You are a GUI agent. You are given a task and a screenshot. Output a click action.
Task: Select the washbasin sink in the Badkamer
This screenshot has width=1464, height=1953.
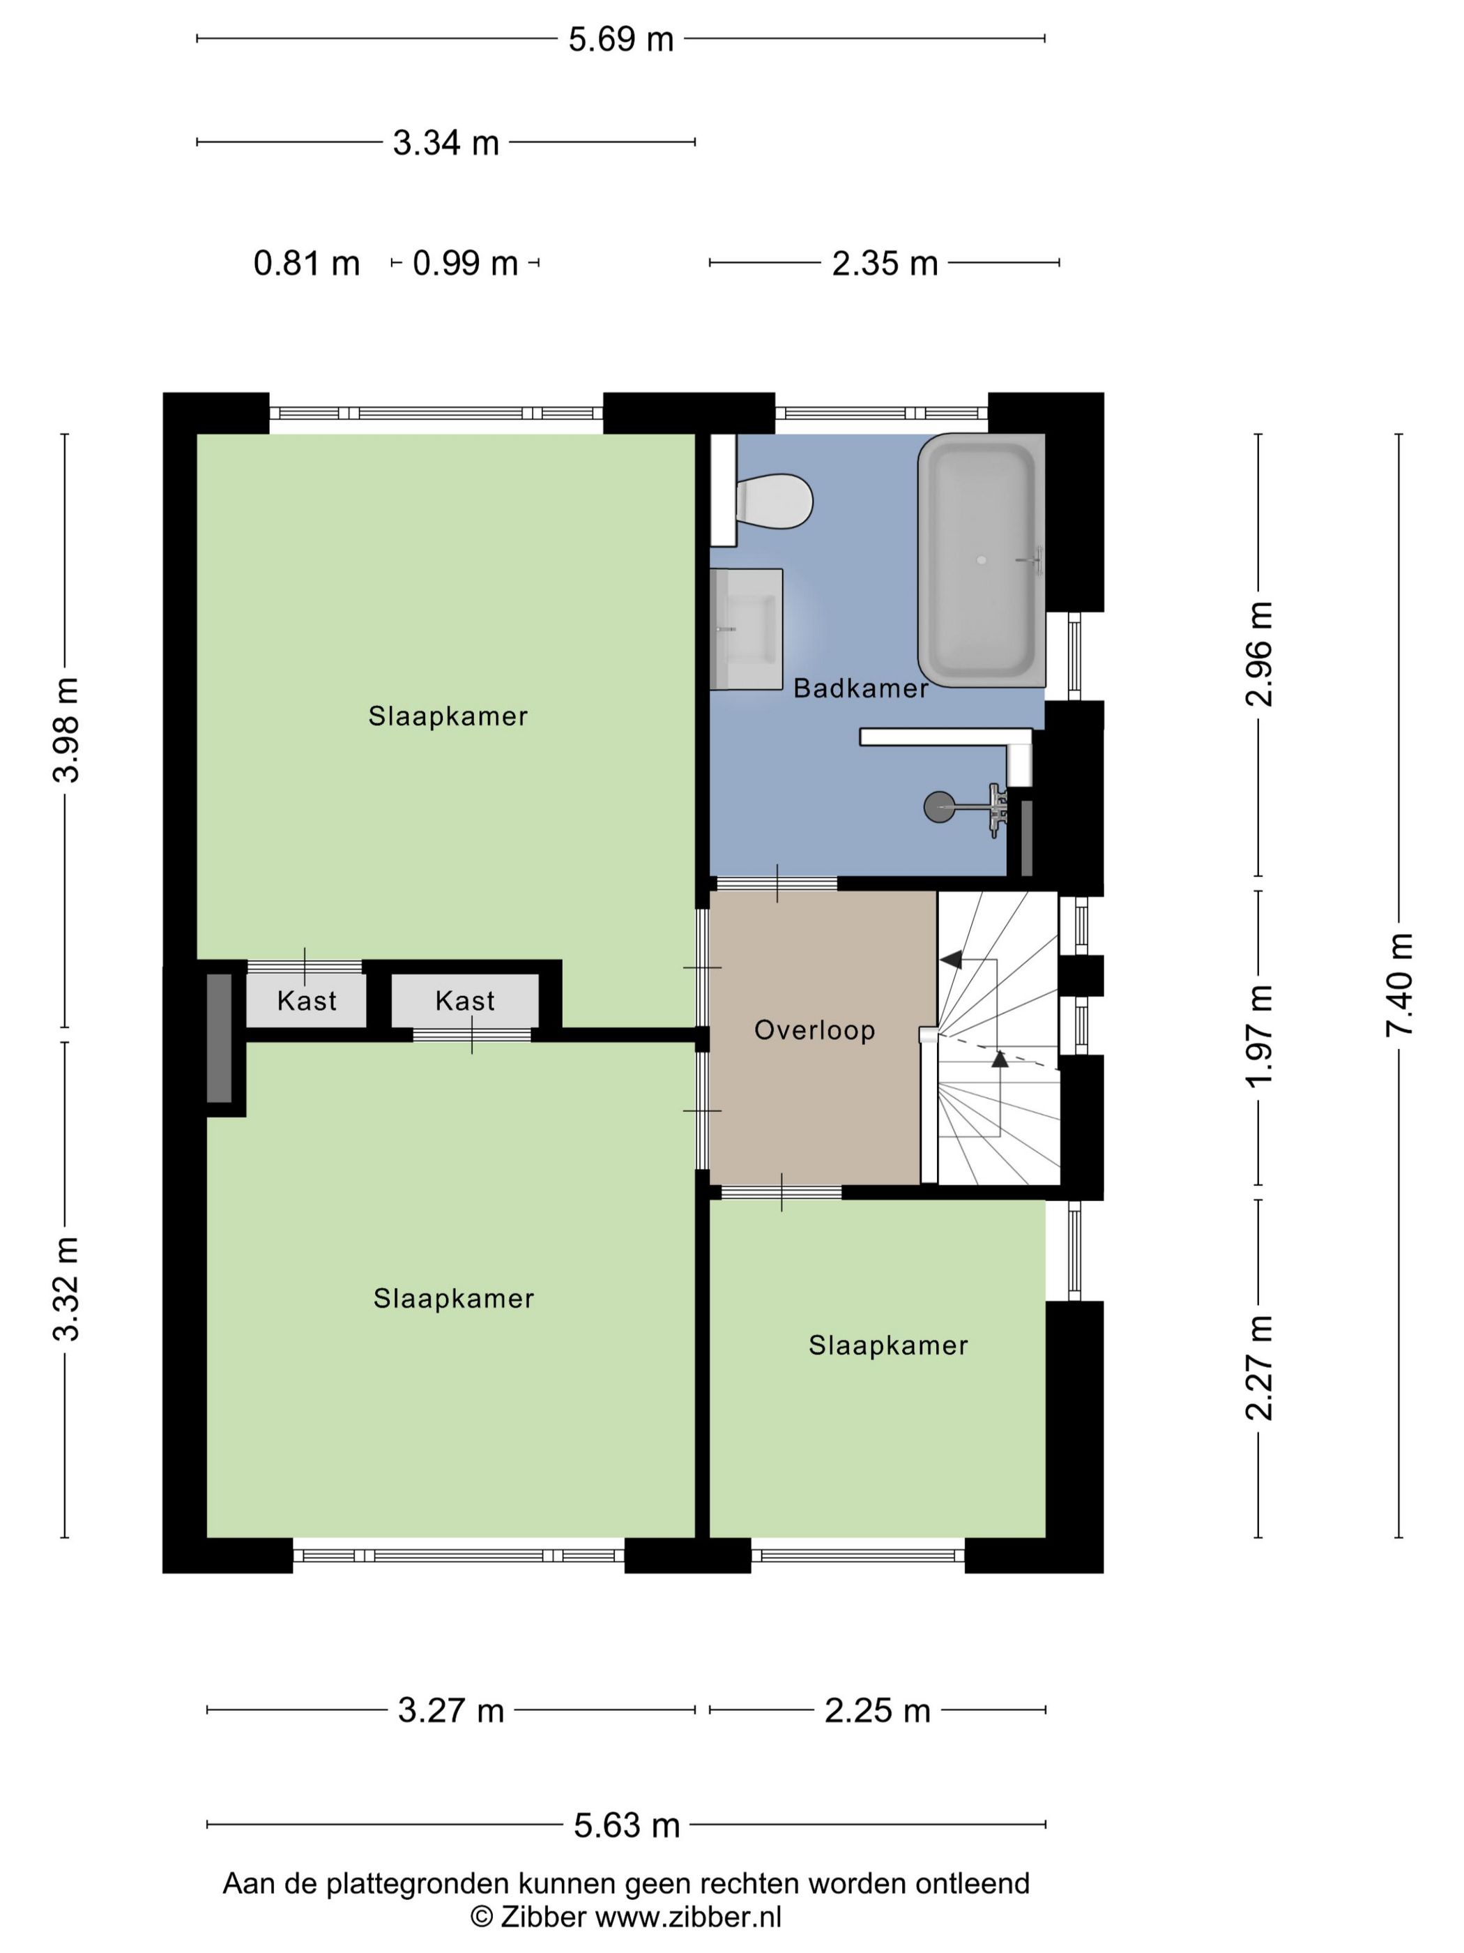(x=747, y=628)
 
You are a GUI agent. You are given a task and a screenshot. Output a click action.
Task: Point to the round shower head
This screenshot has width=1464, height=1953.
(x=938, y=806)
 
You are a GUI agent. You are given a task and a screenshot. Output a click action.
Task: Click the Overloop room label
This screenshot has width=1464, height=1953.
(x=814, y=1030)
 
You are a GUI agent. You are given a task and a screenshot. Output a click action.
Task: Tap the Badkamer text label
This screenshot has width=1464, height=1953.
(x=860, y=688)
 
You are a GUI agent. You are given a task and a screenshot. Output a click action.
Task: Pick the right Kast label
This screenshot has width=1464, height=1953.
(x=465, y=1001)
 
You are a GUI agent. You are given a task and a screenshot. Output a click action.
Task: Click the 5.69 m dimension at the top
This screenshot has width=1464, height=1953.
(x=620, y=40)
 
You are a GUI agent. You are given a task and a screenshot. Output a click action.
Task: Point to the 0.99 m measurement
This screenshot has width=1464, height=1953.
(x=465, y=263)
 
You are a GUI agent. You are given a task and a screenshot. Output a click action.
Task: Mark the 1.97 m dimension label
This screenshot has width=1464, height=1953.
(x=1259, y=1036)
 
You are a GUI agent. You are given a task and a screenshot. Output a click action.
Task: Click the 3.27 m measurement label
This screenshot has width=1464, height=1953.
(x=450, y=1711)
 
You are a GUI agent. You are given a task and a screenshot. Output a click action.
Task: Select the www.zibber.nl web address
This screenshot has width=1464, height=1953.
(x=688, y=1916)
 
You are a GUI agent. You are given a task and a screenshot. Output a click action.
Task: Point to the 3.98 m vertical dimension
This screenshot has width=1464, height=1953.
(x=66, y=730)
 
